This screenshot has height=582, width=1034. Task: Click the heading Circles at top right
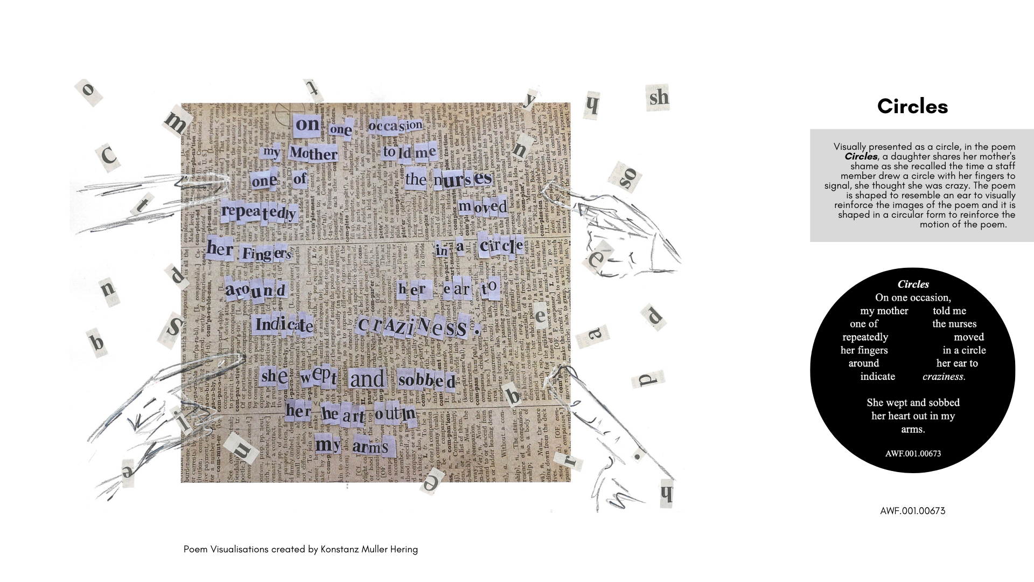912,106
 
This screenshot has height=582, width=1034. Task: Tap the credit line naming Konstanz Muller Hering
301,549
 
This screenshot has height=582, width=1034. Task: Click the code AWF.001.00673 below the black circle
912,510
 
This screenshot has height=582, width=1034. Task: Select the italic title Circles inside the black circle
913,284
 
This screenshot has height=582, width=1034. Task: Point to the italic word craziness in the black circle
944,376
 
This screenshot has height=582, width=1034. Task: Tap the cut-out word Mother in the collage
313,154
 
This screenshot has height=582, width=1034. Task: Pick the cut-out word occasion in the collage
396,126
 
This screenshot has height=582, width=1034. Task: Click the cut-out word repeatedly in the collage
259,212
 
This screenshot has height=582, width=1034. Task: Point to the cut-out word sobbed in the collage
427,380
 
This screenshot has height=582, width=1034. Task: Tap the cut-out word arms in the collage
370,447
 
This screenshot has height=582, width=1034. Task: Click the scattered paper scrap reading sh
659,98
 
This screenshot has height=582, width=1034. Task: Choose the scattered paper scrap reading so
628,177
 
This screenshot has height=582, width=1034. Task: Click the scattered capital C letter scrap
109,156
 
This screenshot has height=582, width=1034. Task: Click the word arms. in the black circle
913,429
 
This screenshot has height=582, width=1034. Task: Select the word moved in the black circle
968,337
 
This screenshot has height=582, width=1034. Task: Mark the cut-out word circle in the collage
500,247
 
